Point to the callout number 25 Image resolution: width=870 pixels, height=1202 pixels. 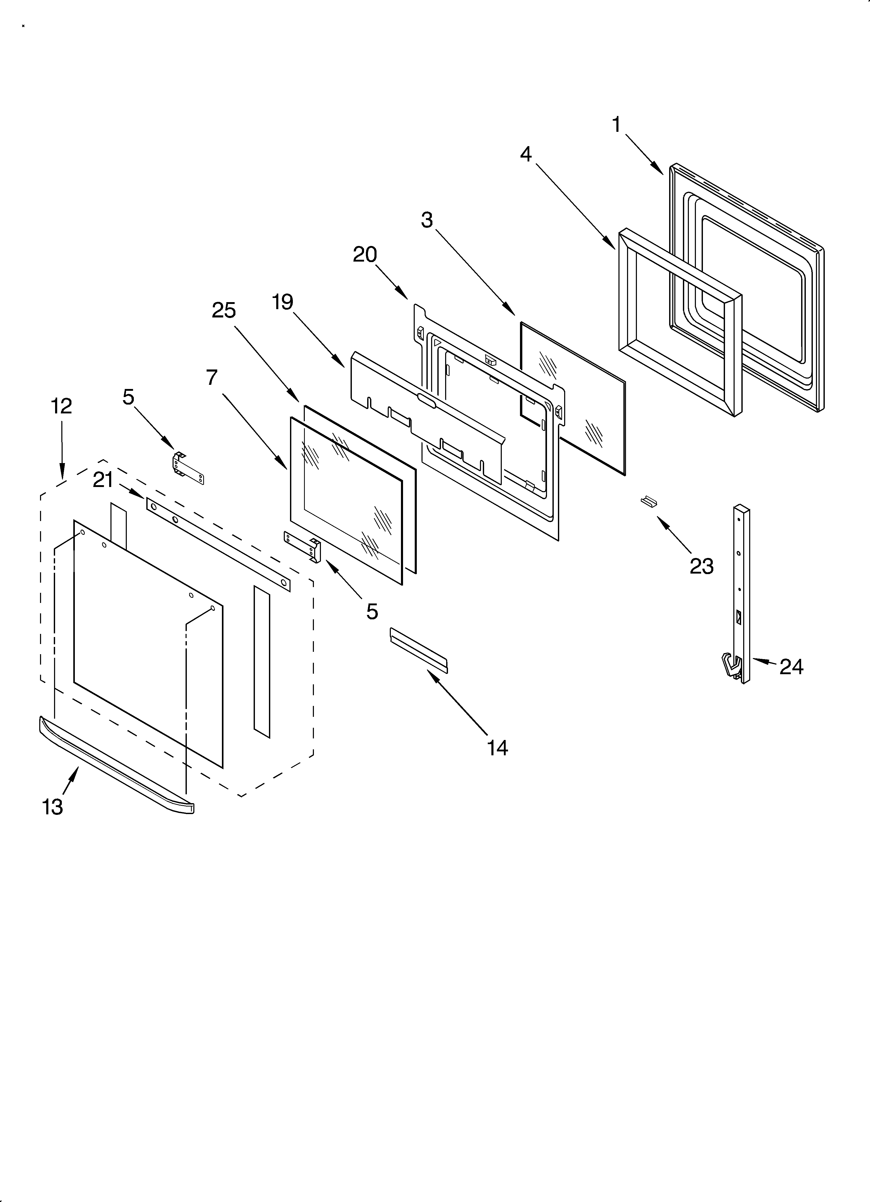[223, 310]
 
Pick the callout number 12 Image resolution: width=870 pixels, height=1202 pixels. [62, 406]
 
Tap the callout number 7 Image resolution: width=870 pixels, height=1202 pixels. [212, 378]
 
